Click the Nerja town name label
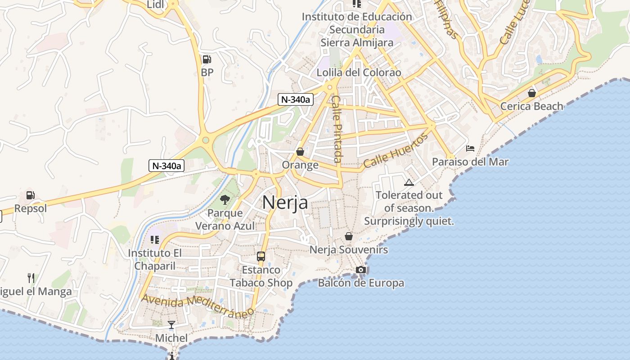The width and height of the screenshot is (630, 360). pyautogui.click(x=285, y=202)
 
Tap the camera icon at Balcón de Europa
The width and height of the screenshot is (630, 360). pyautogui.click(x=360, y=270)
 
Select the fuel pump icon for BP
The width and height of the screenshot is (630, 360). pyautogui.click(x=207, y=59)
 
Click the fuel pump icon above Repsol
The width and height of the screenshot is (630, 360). pyautogui.click(x=30, y=195)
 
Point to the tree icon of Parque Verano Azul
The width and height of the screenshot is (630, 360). pyautogui.click(x=225, y=199)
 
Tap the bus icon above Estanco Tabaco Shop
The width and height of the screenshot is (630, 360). pyautogui.click(x=261, y=256)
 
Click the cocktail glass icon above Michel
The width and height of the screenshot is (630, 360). pyautogui.click(x=171, y=324)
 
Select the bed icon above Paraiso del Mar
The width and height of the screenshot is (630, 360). pyautogui.click(x=470, y=148)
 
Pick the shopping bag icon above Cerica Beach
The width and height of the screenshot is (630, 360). pyautogui.click(x=531, y=93)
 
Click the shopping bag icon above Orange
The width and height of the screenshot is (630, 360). pyautogui.click(x=300, y=152)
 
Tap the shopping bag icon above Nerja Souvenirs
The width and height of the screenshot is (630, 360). pyautogui.click(x=348, y=236)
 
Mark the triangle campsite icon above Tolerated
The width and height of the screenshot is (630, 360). pyautogui.click(x=409, y=182)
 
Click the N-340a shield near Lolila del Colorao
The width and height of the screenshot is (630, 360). pyautogui.click(x=296, y=99)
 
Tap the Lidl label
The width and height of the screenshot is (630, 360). pyautogui.click(x=156, y=4)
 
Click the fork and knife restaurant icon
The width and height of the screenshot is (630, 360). pyautogui.click(x=31, y=278)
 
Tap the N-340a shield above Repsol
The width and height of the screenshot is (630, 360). pyautogui.click(x=166, y=166)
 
